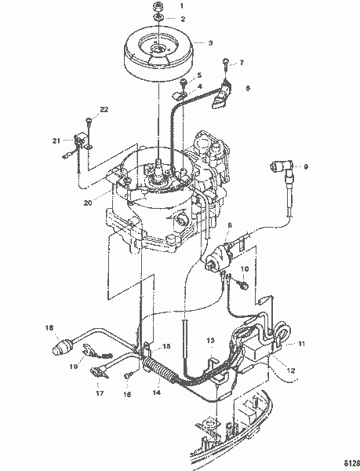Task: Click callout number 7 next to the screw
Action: click(242, 61)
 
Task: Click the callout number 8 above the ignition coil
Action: click(229, 226)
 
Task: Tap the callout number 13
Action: click(209, 340)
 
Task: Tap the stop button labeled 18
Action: click(60, 347)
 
